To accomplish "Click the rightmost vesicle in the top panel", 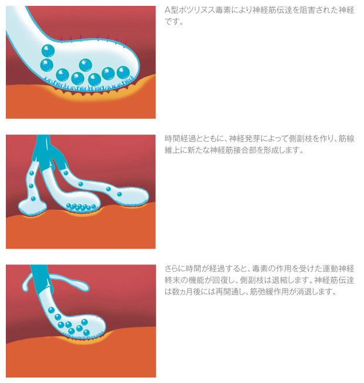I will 123,72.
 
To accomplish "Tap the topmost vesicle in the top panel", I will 48,51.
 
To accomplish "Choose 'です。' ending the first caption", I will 174,22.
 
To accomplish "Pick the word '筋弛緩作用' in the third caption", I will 274,291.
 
